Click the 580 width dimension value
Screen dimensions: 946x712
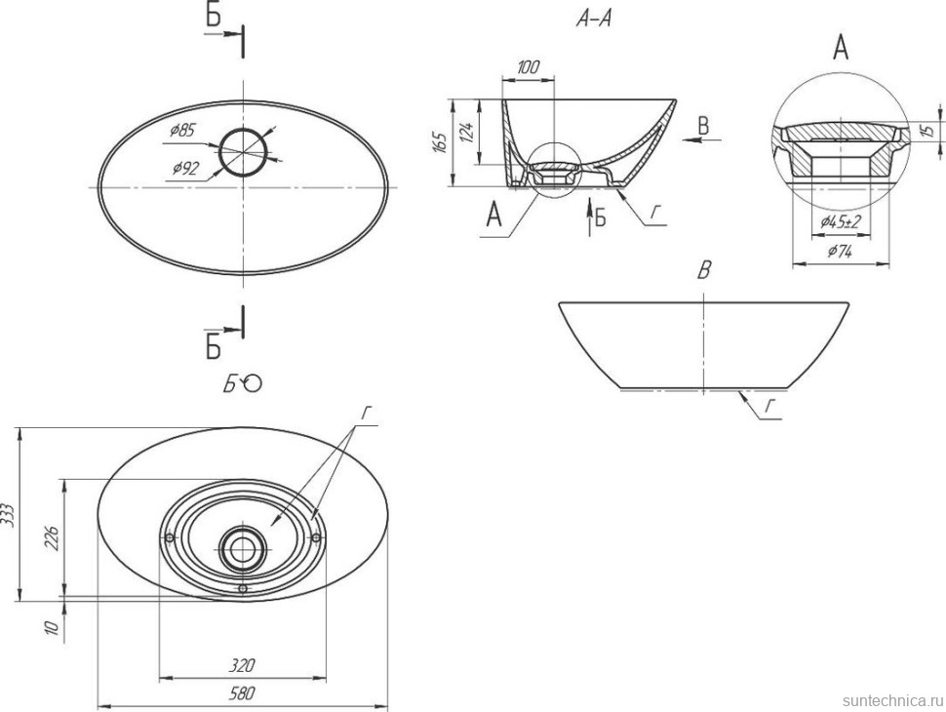[x=242, y=693]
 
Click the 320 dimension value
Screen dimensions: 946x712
[x=242, y=665]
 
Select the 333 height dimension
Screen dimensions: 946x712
[x=10, y=515]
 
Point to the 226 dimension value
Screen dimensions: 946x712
[x=52, y=538]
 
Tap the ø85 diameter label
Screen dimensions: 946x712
[x=182, y=130]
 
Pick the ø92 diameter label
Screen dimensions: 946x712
[x=185, y=169]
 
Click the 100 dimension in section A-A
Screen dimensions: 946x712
[x=528, y=66]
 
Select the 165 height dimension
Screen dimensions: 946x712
[x=440, y=142]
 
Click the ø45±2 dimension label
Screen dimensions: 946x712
[x=841, y=222]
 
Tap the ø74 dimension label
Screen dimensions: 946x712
[x=840, y=251]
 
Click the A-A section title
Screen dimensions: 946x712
[x=594, y=20]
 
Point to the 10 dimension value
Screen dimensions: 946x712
[x=52, y=627]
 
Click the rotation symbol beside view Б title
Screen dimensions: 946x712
[x=253, y=383]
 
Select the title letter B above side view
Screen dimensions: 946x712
[x=704, y=271]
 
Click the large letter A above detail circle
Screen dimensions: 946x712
[x=841, y=47]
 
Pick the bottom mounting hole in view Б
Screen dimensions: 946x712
[x=243, y=588]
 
